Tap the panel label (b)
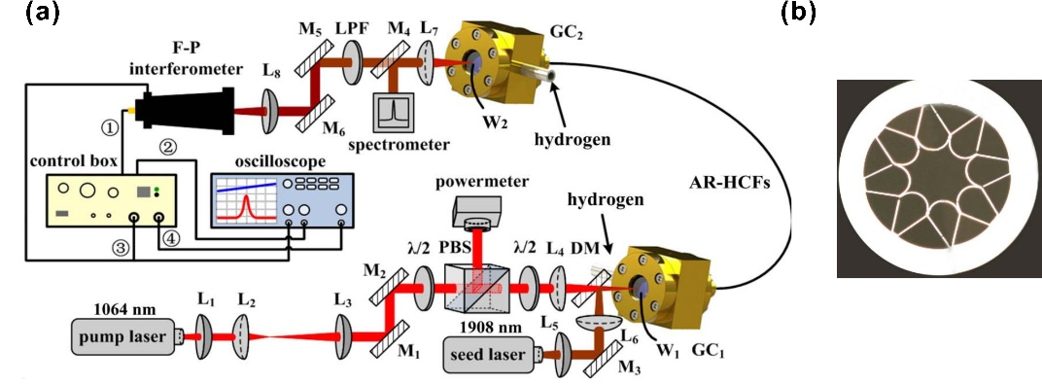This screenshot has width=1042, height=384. (x=799, y=13)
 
